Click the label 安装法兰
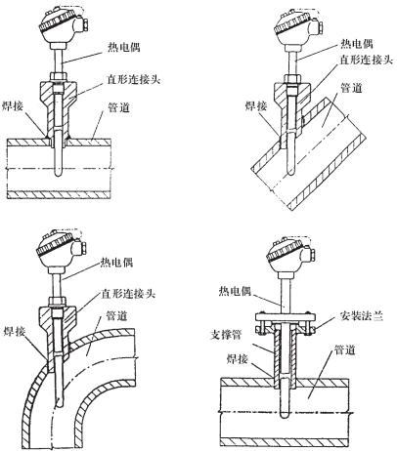click(x=361, y=315)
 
